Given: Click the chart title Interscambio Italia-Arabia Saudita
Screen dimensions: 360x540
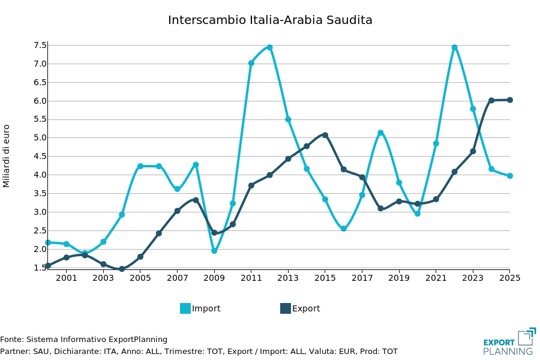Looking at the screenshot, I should tap(270, 20).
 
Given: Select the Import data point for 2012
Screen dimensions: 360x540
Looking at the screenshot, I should tap(269, 47).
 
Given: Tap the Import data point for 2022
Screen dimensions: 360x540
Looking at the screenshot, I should tap(454, 47).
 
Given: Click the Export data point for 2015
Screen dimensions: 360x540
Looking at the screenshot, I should tap(325, 135).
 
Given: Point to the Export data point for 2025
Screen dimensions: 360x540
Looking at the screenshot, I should tap(509, 100).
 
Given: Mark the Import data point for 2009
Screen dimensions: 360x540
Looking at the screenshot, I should tap(214, 251).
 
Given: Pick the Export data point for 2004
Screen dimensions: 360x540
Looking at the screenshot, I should tap(122, 269).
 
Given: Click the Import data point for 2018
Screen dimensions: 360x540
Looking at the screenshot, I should tap(380, 133).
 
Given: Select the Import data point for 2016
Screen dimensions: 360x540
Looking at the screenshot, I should tap(343, 229).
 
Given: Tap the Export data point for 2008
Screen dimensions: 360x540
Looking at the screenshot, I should tap(196, 200).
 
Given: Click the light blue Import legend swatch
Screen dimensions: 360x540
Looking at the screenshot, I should tap(185, 308).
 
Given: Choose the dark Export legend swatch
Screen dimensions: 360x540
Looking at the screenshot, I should tap(286, 308).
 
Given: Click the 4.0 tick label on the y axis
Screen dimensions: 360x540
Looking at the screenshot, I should tap(40, 175).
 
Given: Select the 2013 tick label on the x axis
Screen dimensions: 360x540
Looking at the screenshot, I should tap(288, 278).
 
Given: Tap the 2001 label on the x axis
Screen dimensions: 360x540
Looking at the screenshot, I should tap(67, 278).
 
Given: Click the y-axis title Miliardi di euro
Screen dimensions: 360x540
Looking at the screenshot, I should tap(7, 156).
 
